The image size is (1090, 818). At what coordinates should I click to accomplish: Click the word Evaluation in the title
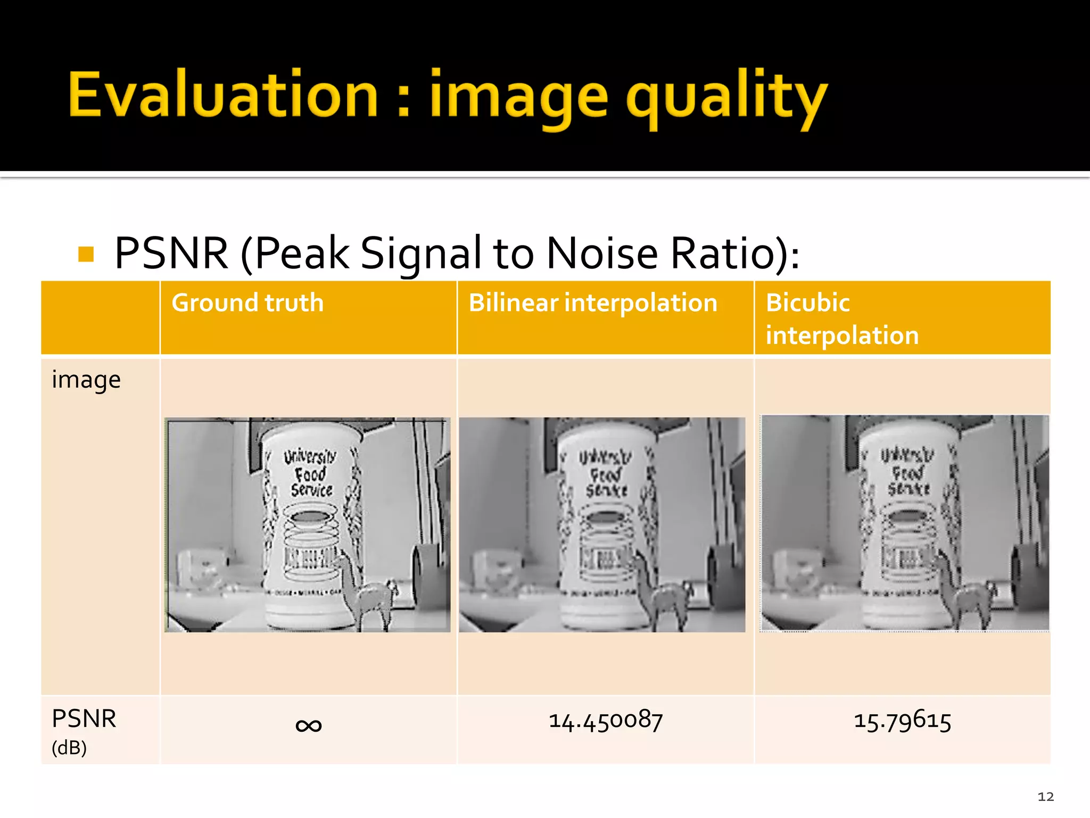(x=224, y=94)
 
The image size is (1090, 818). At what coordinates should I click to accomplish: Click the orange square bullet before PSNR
(x=86, y=254)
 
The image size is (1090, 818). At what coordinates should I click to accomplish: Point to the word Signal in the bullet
(x=420, y=254)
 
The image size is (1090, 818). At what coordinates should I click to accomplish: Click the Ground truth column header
(x=247, y=303)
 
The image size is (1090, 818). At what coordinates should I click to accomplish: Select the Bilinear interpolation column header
(x=593, y=303)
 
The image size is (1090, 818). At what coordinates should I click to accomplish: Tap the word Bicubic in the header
(x=807, y=303)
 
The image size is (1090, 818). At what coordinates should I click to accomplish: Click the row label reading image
(x=86, y=380)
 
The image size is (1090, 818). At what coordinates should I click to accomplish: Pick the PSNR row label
(x=84, y=719)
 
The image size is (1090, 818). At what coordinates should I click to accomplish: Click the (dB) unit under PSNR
(x=69, y=748)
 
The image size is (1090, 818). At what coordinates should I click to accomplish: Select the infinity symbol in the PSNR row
(x=309, y=725)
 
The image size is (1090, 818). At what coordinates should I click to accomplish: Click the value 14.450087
(x=606, y=721)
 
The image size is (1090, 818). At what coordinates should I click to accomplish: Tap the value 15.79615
(x=902, y=721)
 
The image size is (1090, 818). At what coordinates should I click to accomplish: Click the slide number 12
(x=1045, y=797)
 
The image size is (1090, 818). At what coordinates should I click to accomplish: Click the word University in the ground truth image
(x=310, y=456)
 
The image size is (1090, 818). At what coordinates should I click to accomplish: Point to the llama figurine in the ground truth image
(x=367, y=591)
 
